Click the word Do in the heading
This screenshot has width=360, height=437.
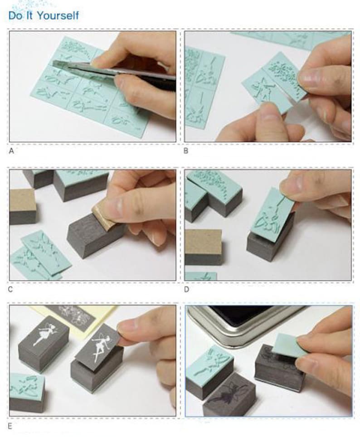point(15,15)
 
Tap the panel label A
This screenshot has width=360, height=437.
point(11,151)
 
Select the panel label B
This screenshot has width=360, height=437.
point(186,151)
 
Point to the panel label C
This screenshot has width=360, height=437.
point(10,290)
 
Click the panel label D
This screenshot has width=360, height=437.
point(186,290)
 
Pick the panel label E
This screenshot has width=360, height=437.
point(10,427)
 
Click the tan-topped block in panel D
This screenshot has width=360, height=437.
point(204,247)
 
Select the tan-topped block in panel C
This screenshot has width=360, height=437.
point(23,206)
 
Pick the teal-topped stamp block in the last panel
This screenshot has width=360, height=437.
point(210,372)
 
